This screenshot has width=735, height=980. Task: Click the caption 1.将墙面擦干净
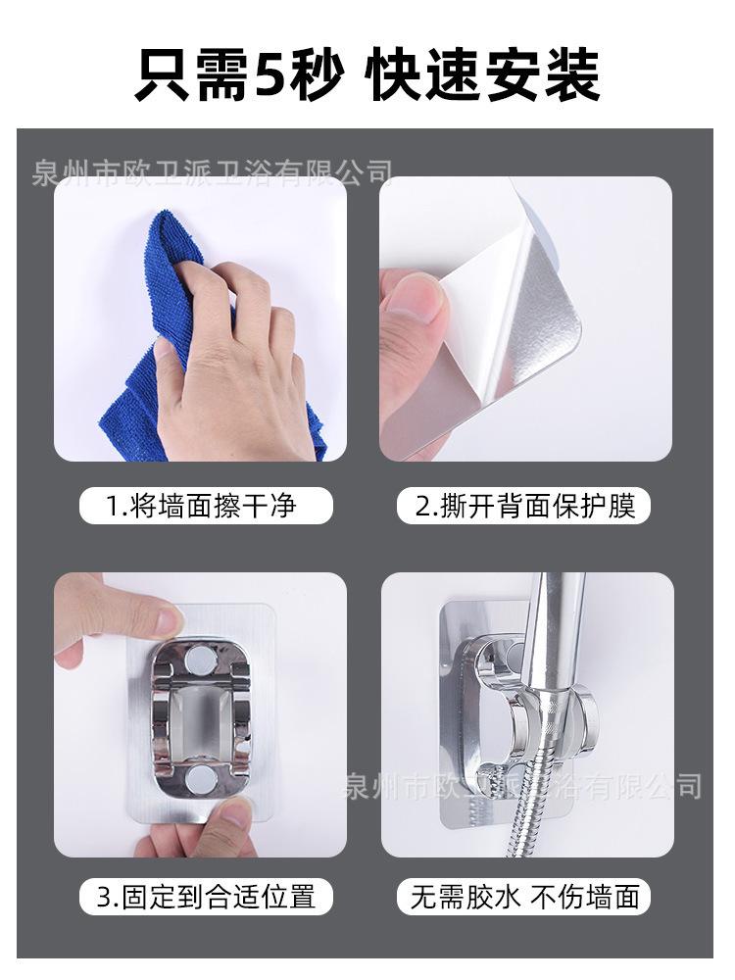click(201, 505)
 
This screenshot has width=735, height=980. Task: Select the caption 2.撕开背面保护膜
click(525, 505)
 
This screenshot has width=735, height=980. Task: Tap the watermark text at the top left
click(213, 172)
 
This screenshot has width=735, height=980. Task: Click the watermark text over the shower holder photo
click(523, 786)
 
